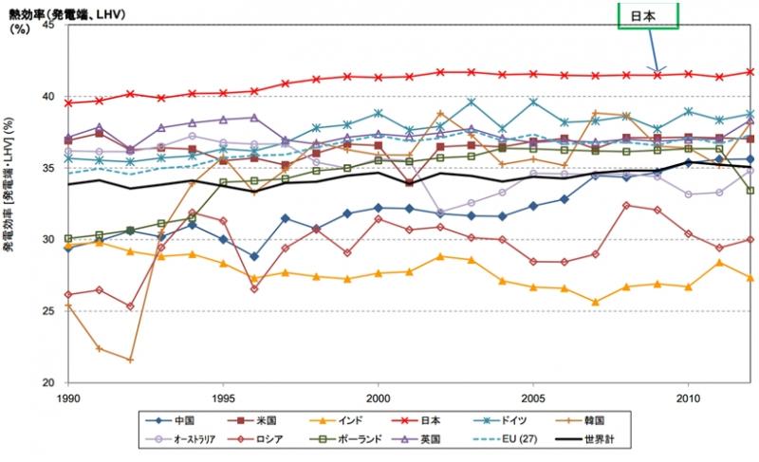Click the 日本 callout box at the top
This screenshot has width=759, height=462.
pyautogui.click(x=649, y=15)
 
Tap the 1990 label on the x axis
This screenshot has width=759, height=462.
pyautogui.click(x=66, y=395)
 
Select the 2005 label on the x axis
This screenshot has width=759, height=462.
pyautogui.click(x=534, y=395)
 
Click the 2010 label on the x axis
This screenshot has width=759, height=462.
pyautogui.click(x=690, y=395)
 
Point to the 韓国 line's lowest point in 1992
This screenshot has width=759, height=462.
pyautogui.click(x=130, y=360)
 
